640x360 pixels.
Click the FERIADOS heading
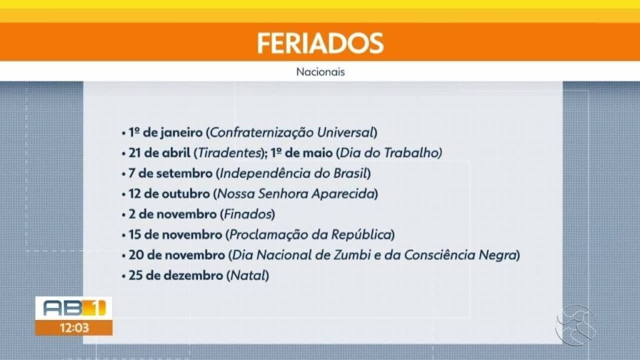point(319,42)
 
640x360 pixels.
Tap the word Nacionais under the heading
point(320,72)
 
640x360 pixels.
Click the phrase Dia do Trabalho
point(389,152)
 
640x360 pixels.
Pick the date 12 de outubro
point(167,194)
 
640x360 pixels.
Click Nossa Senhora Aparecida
point(296,194)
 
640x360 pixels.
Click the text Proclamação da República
point(310,234)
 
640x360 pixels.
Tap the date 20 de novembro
point(176,255)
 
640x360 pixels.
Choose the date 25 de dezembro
point(174,275)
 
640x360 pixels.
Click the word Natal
point(247,275)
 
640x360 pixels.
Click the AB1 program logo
point(73,307)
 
